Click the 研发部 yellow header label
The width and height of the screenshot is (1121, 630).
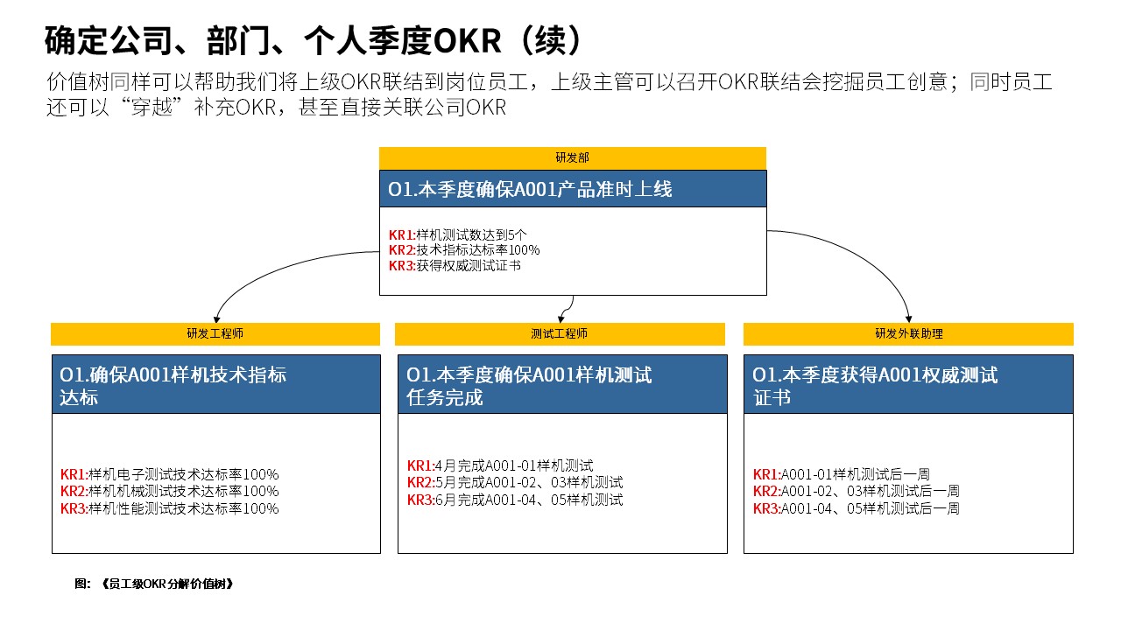[x=572, y=157]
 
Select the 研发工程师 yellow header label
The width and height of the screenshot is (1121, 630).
[x=215, y=333]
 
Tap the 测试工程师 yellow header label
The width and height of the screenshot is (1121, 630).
[x=559, y=333]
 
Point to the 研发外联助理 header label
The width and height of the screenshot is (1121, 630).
[x=909, y=333]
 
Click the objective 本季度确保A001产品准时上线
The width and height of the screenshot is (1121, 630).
[x=530, y=190]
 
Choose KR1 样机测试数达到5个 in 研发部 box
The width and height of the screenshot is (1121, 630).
[x=457, y=234]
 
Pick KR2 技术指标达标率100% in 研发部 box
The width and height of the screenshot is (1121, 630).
[x=464, y=250]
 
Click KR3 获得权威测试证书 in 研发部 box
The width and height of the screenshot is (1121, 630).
[x=455, y=265]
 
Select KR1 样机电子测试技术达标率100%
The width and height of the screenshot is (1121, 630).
[x=169, y=474]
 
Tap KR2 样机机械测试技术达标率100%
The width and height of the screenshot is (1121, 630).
[x=169, y=491]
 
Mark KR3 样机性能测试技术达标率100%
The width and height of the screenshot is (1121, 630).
[x=169, y=508]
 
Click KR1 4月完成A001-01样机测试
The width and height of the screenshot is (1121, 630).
[x=500, y=465]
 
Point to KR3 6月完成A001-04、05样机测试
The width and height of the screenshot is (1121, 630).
[x=515, y=500]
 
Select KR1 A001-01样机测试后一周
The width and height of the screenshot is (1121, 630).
[x=842, y=474]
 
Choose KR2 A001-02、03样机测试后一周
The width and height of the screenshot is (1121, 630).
[x=857, y=491]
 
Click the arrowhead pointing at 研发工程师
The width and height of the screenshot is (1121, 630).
[x=216, y=319]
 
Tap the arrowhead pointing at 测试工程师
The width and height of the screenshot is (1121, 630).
[x=561, y=319]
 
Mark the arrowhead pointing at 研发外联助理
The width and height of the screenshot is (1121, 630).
[x=909, y=319]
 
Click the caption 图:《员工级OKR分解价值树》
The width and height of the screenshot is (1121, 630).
[x=153, y=584]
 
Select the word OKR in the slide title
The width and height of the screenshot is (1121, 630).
[x=467, y=40]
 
